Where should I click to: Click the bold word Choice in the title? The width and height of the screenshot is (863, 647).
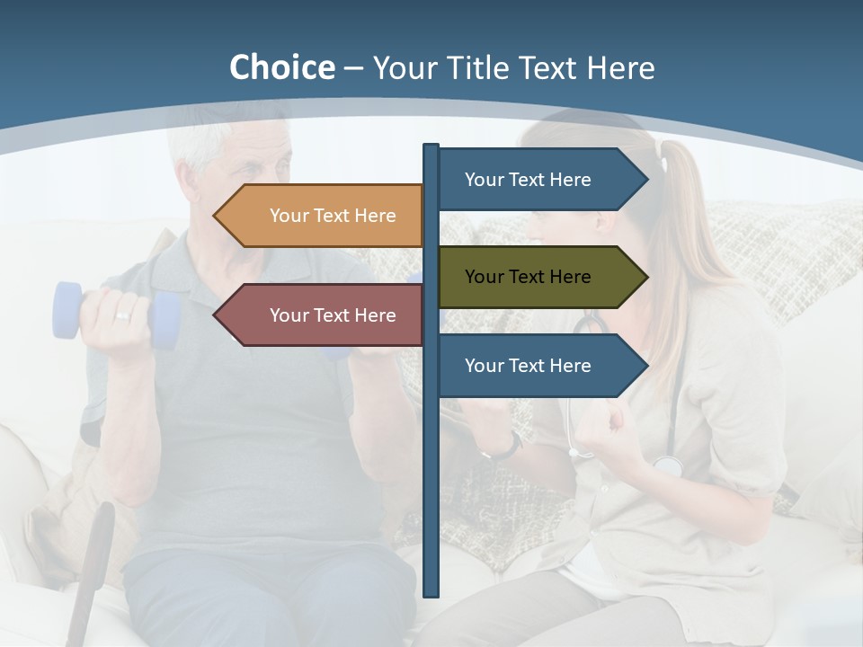point(281,67)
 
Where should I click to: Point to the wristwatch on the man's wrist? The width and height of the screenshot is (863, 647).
point(511,445)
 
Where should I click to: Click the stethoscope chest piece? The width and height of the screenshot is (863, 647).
point(667,465)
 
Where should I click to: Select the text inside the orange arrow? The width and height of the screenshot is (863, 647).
point(333,216)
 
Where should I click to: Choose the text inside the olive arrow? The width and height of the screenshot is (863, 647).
point(528,277)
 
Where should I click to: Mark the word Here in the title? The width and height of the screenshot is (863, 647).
point(620,67)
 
